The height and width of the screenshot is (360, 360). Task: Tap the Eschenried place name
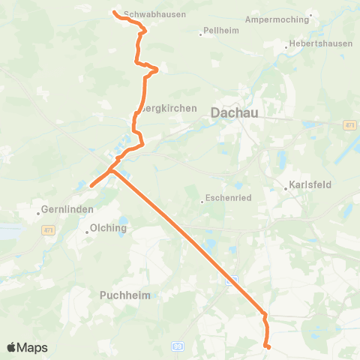tap(226, 200)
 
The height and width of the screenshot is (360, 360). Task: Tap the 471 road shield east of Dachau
tap(350, 125)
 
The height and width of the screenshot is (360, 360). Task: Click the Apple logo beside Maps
tap(13, 347)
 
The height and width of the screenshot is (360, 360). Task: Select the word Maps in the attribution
tap(33, 347)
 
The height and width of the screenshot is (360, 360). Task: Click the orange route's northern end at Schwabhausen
tap(114, 12)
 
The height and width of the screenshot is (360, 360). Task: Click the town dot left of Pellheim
tap(202, 34)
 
